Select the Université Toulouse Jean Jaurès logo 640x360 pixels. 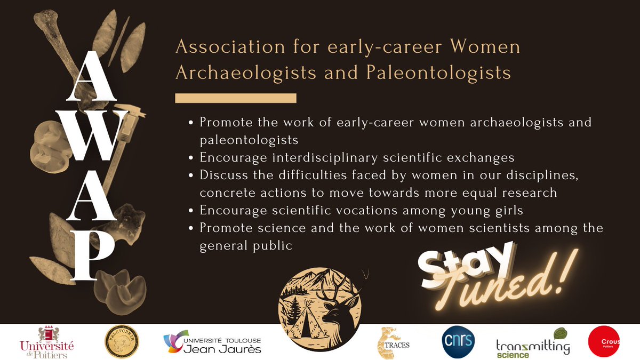tap(212, 342)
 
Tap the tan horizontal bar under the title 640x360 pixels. tap(236, 98)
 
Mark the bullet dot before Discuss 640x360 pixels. tap(191, 175)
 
